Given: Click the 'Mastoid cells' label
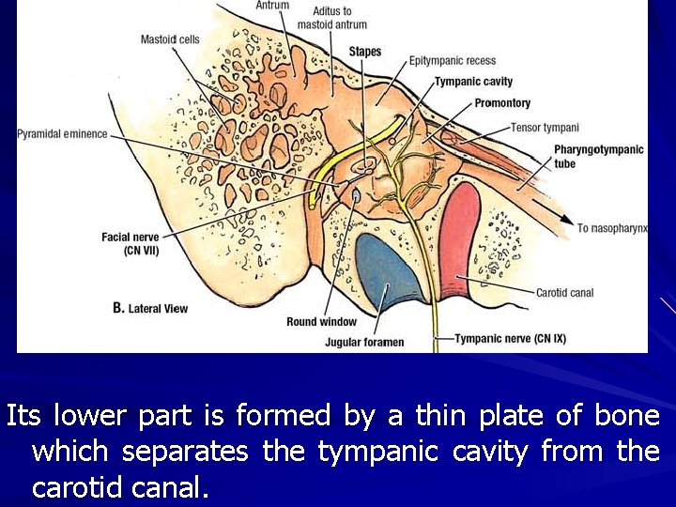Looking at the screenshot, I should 170,39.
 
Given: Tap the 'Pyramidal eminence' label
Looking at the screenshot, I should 62,134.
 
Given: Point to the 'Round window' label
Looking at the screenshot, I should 321,322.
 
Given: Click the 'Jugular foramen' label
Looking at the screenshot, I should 364,343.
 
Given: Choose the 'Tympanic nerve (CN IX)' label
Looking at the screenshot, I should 510,338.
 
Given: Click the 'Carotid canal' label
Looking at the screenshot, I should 564,293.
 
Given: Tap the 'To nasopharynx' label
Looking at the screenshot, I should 612,228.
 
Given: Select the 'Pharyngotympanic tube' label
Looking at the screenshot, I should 598,157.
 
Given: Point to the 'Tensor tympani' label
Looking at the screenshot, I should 545,128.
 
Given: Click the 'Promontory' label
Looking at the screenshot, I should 502,103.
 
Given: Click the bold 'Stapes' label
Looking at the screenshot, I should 365,52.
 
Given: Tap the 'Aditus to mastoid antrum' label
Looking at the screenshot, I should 331,18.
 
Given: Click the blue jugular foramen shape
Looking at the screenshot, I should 386,271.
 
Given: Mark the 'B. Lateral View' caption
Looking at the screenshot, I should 150,308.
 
